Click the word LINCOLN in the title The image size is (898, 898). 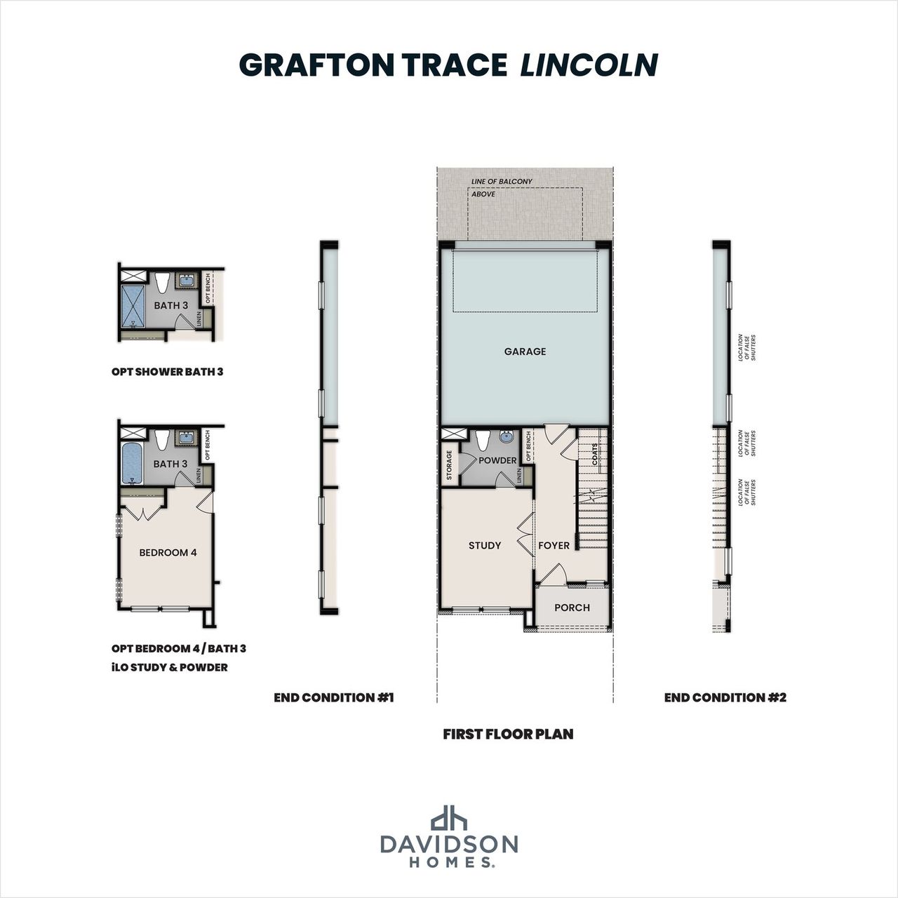click(x=589, y=65)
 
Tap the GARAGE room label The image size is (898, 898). click(x=525, y=351)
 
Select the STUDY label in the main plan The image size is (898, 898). click(x=485, y=545)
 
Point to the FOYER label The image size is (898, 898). click(x=554, y=545)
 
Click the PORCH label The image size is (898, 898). click(x=572, y=608)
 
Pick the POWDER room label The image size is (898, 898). click(x=497, y=460)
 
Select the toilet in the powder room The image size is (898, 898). click(x=483, y=441)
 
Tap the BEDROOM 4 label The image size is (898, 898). click(x=168, y=552)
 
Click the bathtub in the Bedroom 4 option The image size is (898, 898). click(x=132, y=462)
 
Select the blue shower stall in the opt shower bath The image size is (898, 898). click(x=133, y=307)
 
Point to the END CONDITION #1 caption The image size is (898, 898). click(x=333, y=697)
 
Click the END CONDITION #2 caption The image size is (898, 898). click(x=725, y=697)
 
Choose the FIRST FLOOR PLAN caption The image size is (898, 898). click(x=508, y=735)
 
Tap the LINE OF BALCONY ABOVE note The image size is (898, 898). click(x=501, y=187)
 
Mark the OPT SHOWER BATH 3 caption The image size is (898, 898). click(x=167, y=372)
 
